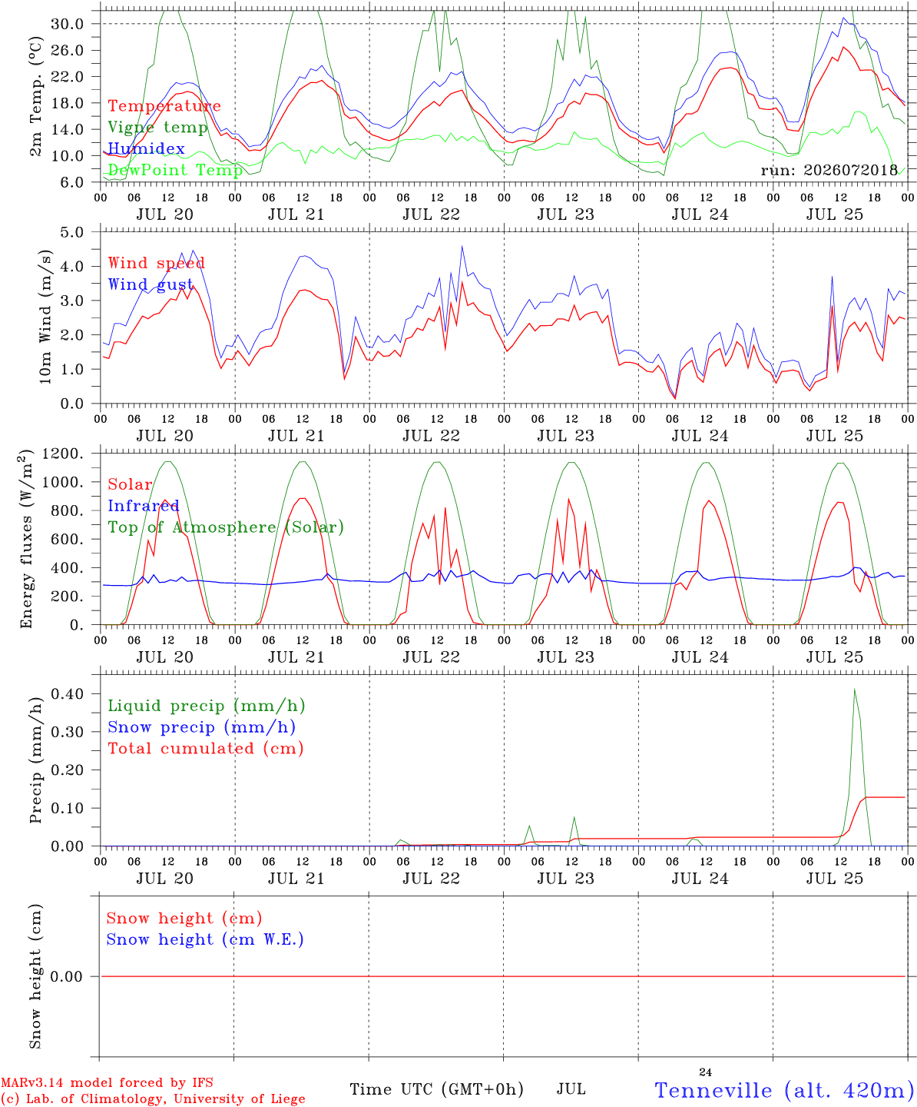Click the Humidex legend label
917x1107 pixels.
click(x=146, y=148)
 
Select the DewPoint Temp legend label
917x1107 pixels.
click(x=175, y=170)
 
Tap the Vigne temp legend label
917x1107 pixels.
click(x=157, y=128)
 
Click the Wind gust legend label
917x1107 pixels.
click(x=151, y=284)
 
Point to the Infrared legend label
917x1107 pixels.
click(x=144, y=506)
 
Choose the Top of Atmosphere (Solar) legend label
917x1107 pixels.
click(x=226, y=527)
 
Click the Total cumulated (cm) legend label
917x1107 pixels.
click(x=206, y=749)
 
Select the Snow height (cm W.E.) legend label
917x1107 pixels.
click(x=204, y=939)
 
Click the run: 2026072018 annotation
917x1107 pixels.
click(x=829, y=170)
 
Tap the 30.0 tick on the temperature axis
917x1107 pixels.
click(x=68, y=24)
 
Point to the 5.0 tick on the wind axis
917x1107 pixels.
click(x=71, y=232)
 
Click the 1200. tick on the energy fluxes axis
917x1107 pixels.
click(x=63, y=454)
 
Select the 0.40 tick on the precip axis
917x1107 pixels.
click(x=68, y=693)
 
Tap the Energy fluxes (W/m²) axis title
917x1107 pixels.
click(x=26, y=539)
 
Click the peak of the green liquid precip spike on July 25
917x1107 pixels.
click(x=855, y=690)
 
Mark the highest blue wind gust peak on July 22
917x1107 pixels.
click(x=462, y=246)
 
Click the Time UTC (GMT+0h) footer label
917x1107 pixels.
click(x=436, y=1089)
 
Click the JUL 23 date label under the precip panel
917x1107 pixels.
click(x=566, y=879)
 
